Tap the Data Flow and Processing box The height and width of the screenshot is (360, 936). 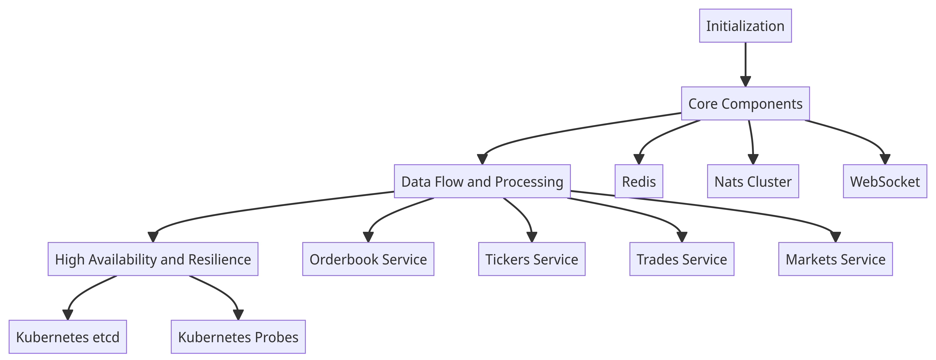[482, 181]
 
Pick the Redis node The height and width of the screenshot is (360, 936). [639, 181]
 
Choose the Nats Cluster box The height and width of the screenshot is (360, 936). [753, 181]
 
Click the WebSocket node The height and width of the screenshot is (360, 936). [885, 181]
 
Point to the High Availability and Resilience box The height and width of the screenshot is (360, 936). [153, 259]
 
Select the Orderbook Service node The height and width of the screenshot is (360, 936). [368, 259]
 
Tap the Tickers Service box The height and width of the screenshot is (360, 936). [532, 259]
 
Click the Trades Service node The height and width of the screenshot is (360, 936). [682, 259]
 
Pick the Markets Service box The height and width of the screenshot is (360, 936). [835, 259]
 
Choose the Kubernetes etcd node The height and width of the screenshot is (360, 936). [68, 337]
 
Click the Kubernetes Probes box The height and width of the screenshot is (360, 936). [238, 337]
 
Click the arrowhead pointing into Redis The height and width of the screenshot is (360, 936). [639, 159]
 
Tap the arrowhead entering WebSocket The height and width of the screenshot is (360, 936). [885, 159]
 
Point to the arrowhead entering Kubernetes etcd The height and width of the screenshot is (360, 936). [68, 315]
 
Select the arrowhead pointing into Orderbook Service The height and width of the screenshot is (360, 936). [368, 237]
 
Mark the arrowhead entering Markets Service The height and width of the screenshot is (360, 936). [835, 237]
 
